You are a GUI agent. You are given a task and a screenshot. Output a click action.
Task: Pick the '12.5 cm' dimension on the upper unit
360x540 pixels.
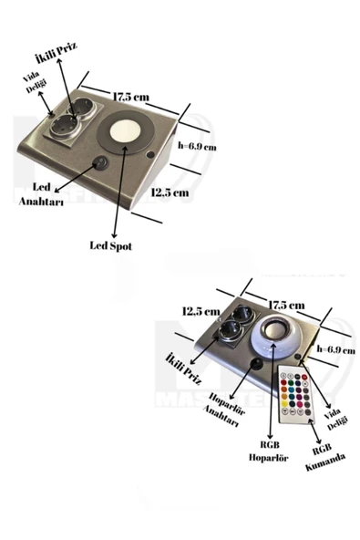click(170, 192)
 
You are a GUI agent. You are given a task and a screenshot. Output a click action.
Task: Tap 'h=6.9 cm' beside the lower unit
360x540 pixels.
click(335, 349)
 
